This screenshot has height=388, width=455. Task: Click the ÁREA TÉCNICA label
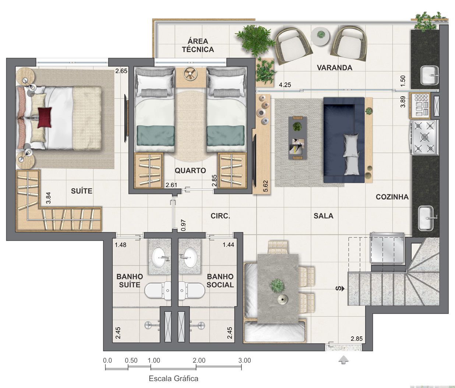click(198, 45)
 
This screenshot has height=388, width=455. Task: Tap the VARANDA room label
click(335, 68)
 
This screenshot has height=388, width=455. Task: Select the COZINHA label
click(392, 197)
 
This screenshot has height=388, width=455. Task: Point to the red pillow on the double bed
click(45, 117)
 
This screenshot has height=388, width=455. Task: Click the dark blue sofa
click(344, 140)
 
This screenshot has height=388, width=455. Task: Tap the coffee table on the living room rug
click(297, 138)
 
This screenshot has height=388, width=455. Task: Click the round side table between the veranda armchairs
click(320, 36)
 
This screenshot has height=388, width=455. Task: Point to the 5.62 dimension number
click(265, 186)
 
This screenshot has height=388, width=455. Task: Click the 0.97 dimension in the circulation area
click(183, 225)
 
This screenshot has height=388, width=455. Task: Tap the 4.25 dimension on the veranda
click(285, 85)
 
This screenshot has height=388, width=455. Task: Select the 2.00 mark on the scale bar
click(199, 360)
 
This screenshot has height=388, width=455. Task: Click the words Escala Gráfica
click(173, 378)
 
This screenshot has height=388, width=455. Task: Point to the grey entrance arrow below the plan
click(343, 360)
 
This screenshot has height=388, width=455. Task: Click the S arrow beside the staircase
click(340, 289)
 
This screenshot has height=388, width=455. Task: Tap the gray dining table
click(278, 289)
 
